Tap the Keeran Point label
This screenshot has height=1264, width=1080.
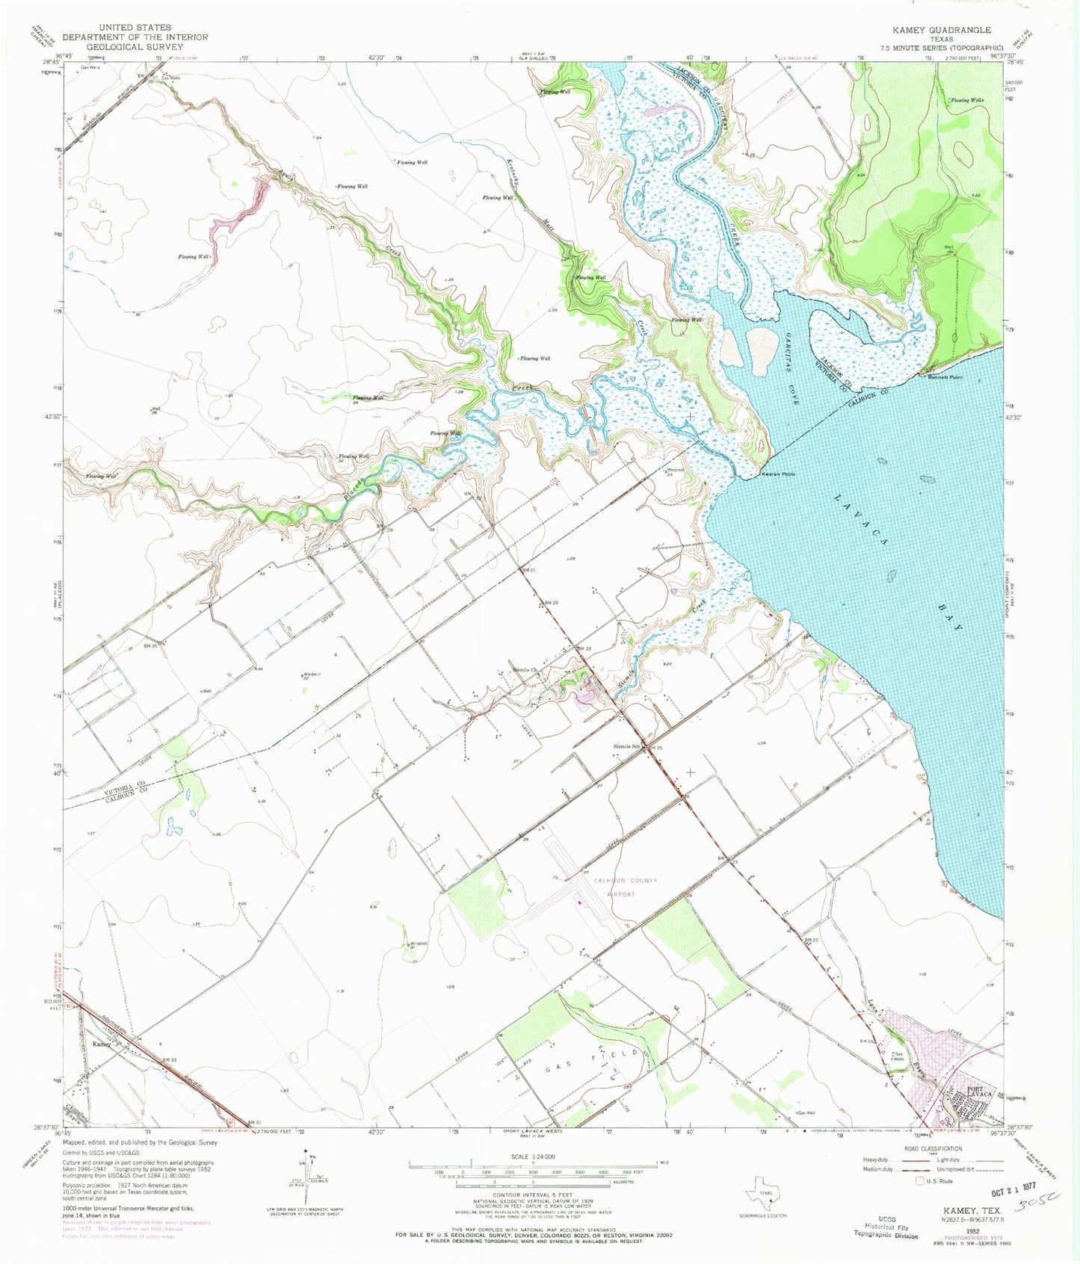(778, 474)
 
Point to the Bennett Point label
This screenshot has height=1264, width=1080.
(945, 377)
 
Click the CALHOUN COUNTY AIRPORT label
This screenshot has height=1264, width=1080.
(625, 887)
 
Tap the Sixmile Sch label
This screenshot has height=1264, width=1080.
(626, 746)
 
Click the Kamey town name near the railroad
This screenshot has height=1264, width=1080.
(102, 1044)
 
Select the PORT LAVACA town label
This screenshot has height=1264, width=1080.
(974, 1092)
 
